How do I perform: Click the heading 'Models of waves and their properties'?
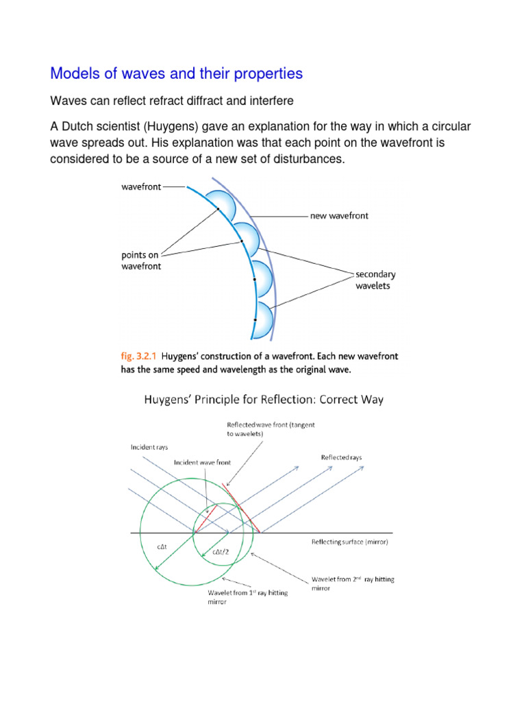coord(177,73)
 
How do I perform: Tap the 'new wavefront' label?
coord(339,215)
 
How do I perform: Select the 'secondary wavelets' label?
coord(375,280)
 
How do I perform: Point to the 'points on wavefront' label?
coord(142,261)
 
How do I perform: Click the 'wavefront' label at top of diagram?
coord(141,186)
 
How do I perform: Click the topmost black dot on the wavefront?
coord(218,209)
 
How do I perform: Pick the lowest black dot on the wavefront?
coord(255,320)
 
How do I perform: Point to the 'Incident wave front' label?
coord(202,462)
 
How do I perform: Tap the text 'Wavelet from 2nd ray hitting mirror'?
coord(353,584)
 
